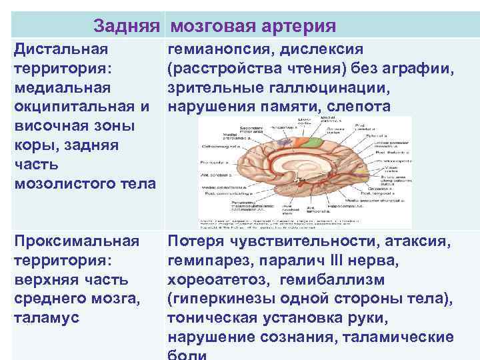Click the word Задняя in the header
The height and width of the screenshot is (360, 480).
127,26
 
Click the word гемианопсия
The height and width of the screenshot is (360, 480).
219,50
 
